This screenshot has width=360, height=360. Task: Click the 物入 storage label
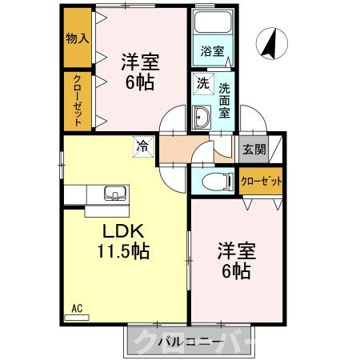tap(77, 38)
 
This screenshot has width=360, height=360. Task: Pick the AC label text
tap(77, 307)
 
